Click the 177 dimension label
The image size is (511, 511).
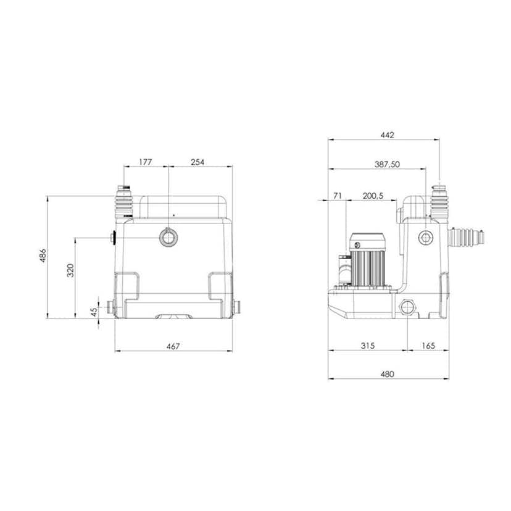[146, 162]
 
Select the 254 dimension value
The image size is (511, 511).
[197, 162]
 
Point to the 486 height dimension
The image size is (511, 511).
[43, 256]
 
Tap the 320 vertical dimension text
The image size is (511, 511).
[70, 270]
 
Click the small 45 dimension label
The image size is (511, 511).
[94, 312]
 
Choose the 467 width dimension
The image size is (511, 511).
[173, 346]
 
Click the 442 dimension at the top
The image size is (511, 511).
[387, 135]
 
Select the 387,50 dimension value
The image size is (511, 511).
[387, 164]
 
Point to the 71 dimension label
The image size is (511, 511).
[338, 196]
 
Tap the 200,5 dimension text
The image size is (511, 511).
[373, 196]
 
